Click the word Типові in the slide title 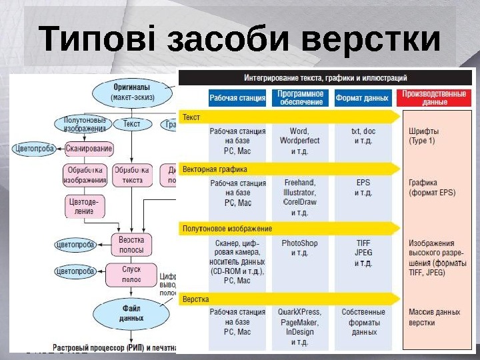coord(97,40)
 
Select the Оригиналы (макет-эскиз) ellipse coord(130,91)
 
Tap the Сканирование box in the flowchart coord(89,149)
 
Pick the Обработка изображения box coord(85,175)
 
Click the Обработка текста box coord(132,175)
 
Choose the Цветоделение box coord(85,205)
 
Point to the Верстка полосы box coord(131,243)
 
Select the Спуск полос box coord(131,273)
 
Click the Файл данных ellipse coord(131,313)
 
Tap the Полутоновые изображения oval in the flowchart coord(81,124)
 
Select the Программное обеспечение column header coord(301,98)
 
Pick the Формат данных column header coord(362,98)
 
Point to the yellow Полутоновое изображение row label coord(227,229)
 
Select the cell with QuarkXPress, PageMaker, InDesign coord(300,327)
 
